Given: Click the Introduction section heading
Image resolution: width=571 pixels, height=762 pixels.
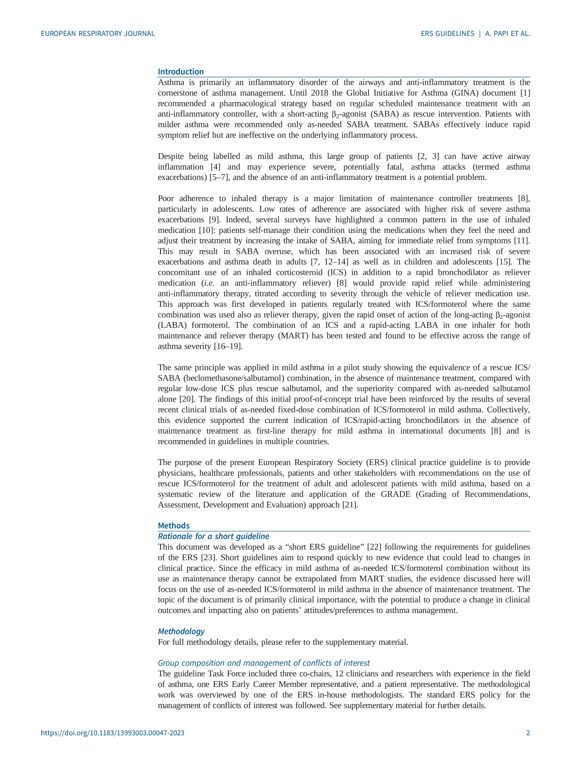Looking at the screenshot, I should [x=181, y=72].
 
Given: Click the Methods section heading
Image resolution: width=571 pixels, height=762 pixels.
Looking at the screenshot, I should [x=174, y=525].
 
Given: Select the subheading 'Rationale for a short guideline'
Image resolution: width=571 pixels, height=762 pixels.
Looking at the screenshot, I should [x=213, y=536].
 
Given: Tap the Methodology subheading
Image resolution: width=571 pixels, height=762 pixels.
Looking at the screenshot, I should [x=181, y=631].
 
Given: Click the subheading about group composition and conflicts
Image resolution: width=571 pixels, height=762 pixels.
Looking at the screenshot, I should [x=264, y=663].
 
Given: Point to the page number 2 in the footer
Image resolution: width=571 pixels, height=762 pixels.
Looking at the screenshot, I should [x=528, y=733].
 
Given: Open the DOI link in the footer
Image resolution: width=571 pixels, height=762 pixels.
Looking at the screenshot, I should [x=113, y=733].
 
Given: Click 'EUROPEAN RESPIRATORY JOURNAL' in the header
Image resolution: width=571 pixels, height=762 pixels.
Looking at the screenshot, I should [x=98, y=33].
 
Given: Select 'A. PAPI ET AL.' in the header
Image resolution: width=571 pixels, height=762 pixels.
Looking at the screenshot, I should [x=508, y=33].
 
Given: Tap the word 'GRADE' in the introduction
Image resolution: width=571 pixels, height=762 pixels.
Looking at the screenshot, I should [x=395, y=494].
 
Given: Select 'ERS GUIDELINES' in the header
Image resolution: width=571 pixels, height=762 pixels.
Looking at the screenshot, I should [x=447, y=33].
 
